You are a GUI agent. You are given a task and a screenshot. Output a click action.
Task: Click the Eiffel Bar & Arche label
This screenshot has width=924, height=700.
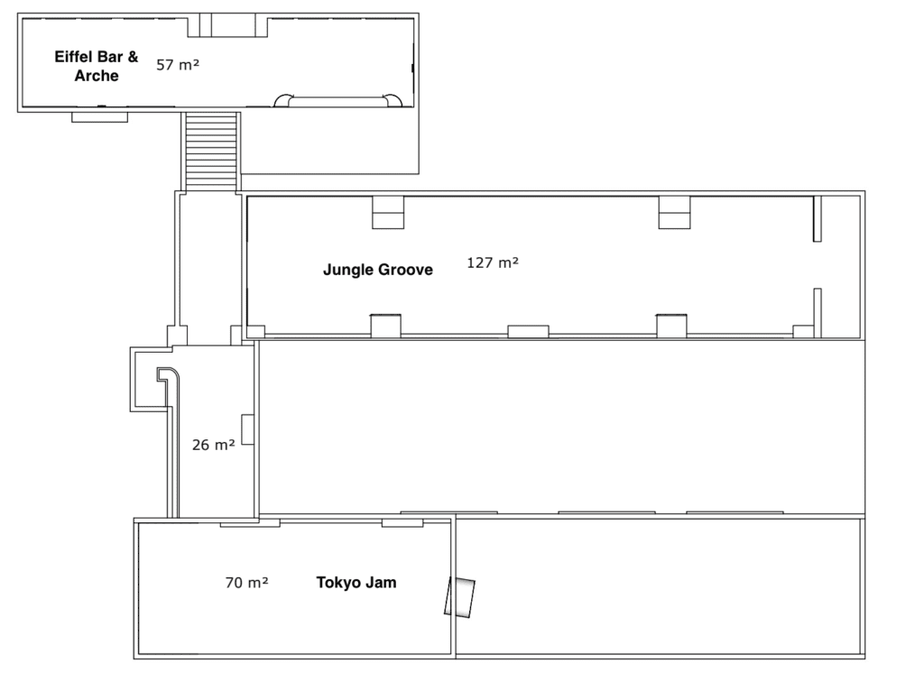[97, 66]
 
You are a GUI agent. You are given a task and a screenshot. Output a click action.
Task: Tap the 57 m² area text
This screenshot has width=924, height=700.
[178, 65]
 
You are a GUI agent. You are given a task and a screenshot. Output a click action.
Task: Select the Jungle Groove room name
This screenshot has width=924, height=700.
[378, 270]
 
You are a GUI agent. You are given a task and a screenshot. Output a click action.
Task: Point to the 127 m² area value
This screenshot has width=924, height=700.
[493, 262]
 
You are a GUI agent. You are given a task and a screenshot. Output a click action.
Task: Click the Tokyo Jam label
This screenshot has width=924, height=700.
[356, 583]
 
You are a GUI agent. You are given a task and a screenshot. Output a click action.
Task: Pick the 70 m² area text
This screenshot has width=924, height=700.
[247, 583]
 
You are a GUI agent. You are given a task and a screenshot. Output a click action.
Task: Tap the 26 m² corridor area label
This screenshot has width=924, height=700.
[213, 445]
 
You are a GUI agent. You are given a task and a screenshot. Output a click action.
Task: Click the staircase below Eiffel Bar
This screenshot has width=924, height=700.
[211, 151]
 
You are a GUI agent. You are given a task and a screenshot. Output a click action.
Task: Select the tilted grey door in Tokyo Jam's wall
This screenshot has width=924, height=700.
[459, 597]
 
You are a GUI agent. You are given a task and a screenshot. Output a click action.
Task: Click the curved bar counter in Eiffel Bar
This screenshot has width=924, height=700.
[338, 101]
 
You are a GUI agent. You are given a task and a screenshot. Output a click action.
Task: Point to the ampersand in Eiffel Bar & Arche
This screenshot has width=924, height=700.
[134, 57]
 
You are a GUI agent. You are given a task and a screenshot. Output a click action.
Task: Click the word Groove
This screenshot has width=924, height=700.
[405, 270]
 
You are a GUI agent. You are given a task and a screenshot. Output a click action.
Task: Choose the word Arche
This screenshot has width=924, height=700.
[97, 76]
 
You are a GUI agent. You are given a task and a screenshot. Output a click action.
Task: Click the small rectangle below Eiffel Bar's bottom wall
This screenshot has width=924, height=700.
[99, 117]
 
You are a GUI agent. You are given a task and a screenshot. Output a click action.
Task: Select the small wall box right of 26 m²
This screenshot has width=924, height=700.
[247, 429]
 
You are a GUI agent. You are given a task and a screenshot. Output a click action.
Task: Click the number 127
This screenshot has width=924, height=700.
[480, 262]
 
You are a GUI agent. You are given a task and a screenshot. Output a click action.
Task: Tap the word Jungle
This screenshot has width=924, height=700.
[348, 271]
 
